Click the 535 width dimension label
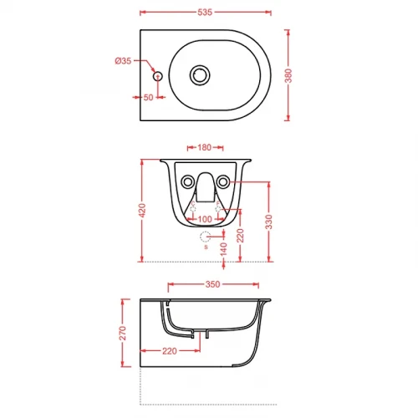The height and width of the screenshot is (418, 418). coord(205,13)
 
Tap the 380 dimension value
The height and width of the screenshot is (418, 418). coord(288,75)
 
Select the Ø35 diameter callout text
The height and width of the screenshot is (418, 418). coord(123,61)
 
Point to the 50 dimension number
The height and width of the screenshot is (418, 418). coord(148,97)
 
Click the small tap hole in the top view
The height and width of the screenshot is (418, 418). coord(158,76)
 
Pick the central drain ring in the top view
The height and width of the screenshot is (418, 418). coord(200,75)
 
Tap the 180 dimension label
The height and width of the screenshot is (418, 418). coord(205,147)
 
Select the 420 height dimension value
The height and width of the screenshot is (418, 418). coord(142,211)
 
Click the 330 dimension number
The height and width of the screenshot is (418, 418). coord(269,222)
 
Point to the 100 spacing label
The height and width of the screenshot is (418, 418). coord(205,219)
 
